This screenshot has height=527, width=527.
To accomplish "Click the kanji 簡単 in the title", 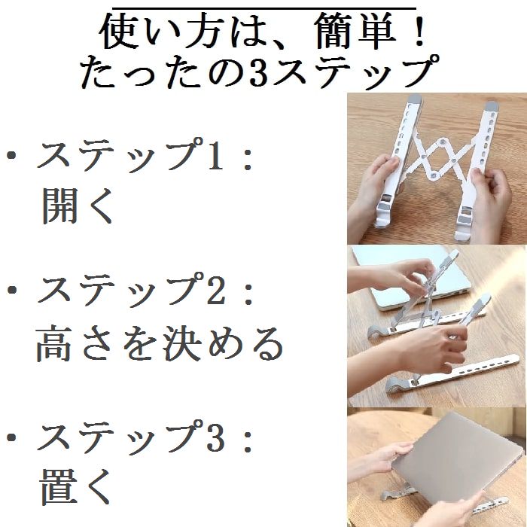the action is tap(356, 32).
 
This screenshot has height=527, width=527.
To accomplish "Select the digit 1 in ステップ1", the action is tap(215, 155).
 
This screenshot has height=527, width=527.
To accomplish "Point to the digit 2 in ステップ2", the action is tap(216, 290).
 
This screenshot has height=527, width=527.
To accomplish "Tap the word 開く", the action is tap(77, 206).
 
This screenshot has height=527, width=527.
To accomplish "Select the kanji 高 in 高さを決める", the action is tap(53, 343).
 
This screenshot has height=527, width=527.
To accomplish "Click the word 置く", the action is tap(76, 487).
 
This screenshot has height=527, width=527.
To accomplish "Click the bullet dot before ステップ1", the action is tap(12, 155).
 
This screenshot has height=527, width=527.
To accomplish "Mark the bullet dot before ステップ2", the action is tap(12, 290).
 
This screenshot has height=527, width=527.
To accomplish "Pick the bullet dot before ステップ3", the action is tap(12, 437).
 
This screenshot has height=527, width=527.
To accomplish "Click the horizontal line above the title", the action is tap(263, 8).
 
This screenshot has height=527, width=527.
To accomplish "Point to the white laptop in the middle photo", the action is tap(413, 276).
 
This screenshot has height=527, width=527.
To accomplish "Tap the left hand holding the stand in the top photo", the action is tap(373, 188).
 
